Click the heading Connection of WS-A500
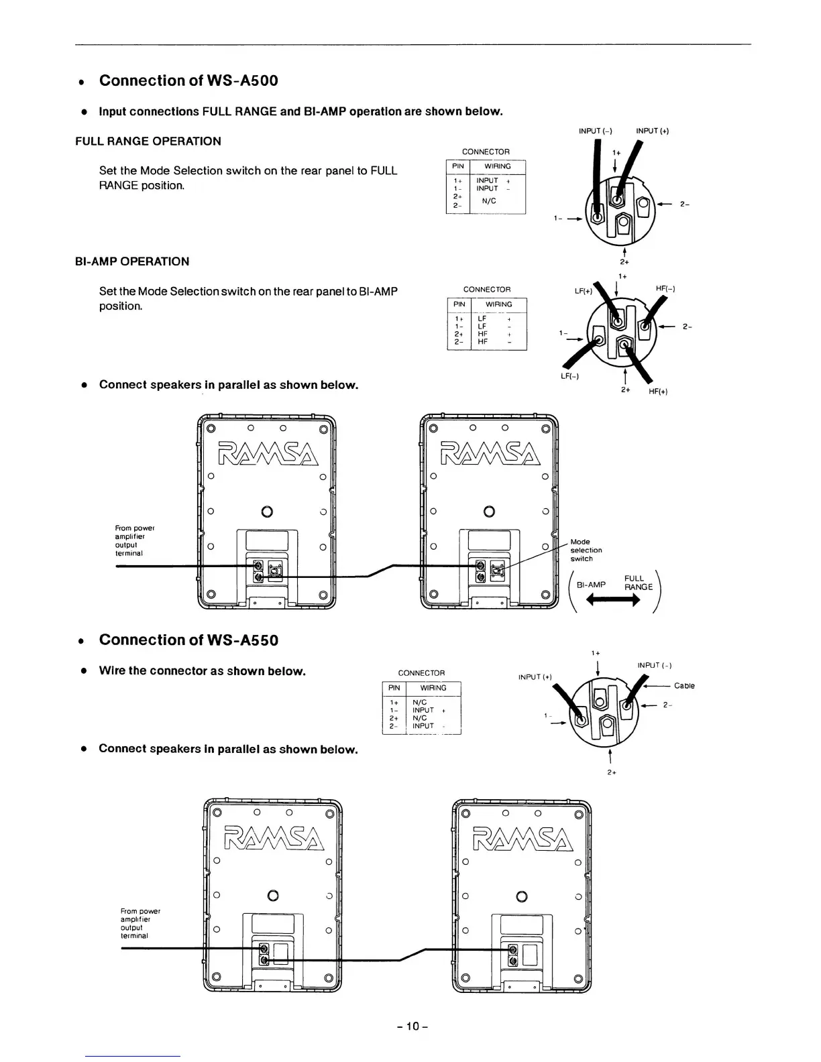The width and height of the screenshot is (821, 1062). pyautogui.click(x=188, y=80)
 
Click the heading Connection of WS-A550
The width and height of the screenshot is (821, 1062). pyautogui.click(x=188, y=640)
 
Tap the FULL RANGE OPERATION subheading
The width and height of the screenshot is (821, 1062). pyautogui.click(x=148, y=141)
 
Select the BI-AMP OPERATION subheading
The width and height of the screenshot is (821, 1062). pyautogui.click(x=132, y=261)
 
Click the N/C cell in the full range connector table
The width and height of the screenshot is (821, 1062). pyautogui.click(x=489, y=200)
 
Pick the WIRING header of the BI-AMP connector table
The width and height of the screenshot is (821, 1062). pyautogui.click(x=498, y=304)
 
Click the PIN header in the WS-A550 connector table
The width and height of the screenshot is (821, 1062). pyautogui.click(x=394, y=688)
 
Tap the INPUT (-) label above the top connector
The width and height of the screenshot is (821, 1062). pyautogui.click(x=595, y=131)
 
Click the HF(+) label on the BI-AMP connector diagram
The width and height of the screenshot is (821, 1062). pyautogui.click(x=658, y=392)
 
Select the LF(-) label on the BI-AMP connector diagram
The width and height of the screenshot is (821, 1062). pyautogui.click(x=570, y=375)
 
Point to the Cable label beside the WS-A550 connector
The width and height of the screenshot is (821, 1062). pyautogui.click(x=684, y=686)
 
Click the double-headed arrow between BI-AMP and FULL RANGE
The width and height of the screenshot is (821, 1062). pyautogui.click(x=613, y=601)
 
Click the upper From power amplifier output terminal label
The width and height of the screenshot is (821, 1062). pyautogui.click(x=135, y=541)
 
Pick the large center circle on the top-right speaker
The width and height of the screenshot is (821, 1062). pyautogui.click(x=489, y=512)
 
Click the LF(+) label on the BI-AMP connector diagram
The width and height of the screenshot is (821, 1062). pyautogui.click(x=584, y=292)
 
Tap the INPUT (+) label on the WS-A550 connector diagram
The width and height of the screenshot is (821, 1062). pyautogui.click(x=535, y=677)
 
